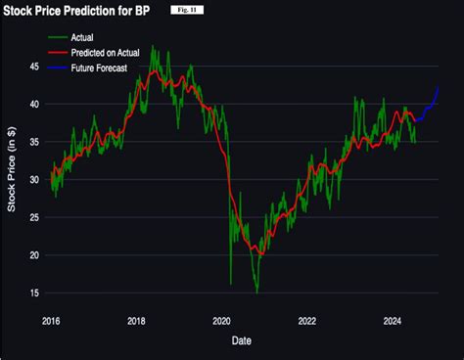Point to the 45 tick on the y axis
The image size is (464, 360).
(33, 67)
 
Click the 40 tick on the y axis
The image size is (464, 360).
(33, 104)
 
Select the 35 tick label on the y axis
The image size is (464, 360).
(33, 142)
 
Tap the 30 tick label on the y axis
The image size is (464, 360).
(33, 180)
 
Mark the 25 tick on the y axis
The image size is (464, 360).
(33, 217)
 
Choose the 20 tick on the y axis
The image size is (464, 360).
(33, 255)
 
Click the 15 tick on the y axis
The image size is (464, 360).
(33, 292)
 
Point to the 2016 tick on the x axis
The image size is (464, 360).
(52, 319)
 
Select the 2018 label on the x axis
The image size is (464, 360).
(137, 319)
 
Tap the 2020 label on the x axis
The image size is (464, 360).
(221, 319)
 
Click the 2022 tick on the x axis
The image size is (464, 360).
(307, 319)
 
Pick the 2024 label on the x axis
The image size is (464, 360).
(393, 319)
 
